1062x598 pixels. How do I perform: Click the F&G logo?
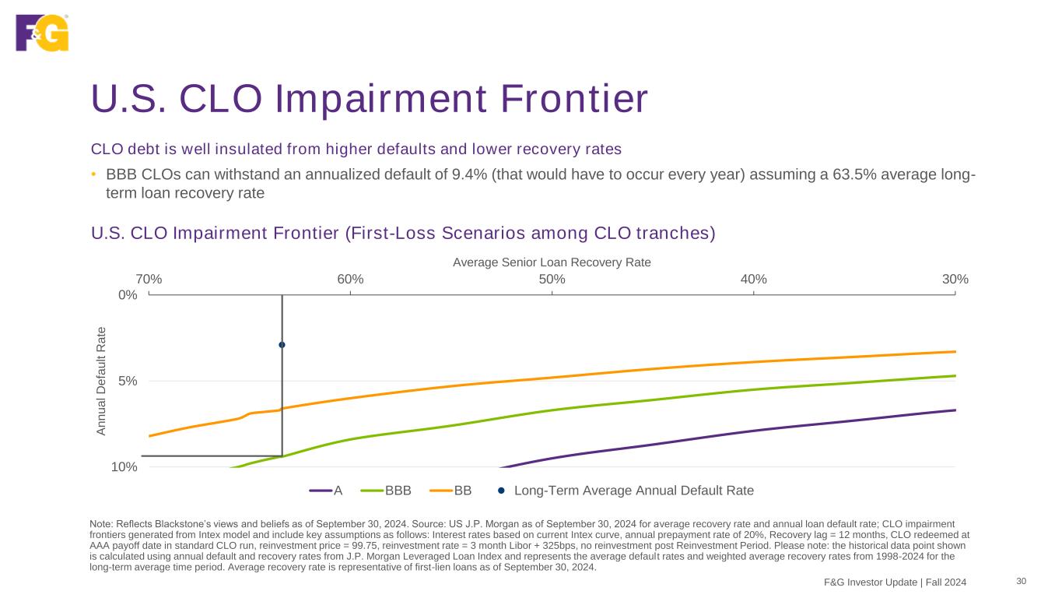coord(42,33)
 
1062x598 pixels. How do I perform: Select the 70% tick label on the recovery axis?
coord(149,280)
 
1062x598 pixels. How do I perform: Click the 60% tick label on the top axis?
coord(350,280)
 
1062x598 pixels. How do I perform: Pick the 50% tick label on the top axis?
coord(552,280)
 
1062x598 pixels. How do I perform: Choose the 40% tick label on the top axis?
coord(753,280)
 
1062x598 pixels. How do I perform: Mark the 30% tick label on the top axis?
coord(955,280)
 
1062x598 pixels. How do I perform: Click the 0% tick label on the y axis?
coord(127,295)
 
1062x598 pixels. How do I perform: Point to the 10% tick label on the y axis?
coord(124,467)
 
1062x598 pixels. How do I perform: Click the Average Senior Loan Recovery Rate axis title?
coord(552,262)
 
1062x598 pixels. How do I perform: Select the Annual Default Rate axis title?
coord(100,381)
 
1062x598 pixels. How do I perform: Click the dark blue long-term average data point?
coord(282,344)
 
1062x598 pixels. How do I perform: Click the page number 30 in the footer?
coord(1022,581)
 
